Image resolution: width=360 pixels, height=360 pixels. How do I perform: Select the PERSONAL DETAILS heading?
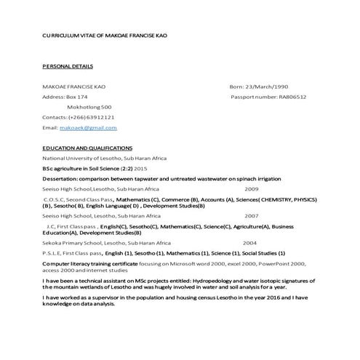(x=68, y=66)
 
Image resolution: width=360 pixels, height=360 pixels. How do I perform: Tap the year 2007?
(x=251, y=216)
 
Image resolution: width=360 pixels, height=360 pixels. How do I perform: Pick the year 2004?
(x=249, y=242)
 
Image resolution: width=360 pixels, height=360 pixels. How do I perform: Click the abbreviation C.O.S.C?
(x=55, y=198)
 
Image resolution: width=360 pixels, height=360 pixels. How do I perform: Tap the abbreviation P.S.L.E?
(x=52, y=252)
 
